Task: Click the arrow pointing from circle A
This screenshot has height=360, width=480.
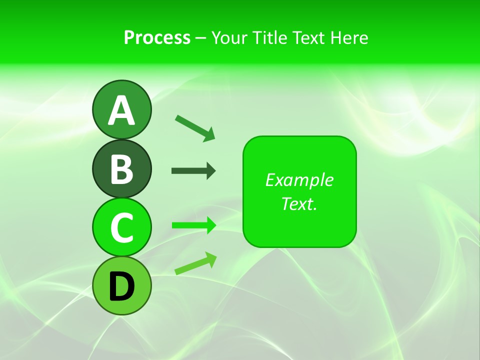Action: tap(195, 128)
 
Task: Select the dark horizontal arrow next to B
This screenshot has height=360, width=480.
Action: tap(193, 171)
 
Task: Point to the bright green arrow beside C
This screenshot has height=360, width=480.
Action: tap(193, 225)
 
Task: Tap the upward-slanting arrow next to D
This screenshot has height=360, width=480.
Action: tap(195, 263)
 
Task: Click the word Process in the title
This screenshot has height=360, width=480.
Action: tap(157, 37)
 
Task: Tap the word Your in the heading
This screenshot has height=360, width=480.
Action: tap(228, 37)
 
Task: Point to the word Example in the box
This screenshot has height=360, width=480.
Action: tap(299, 180)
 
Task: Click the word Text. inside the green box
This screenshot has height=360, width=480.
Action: tap(299, 203)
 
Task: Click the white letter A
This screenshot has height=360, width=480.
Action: tap(121, 110)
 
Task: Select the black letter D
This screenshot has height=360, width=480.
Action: tap(121, 286)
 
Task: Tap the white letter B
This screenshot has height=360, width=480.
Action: tap(121, 169)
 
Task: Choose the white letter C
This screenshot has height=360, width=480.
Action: tap(121, 227)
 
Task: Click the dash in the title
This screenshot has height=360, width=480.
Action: tap(200, 38)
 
